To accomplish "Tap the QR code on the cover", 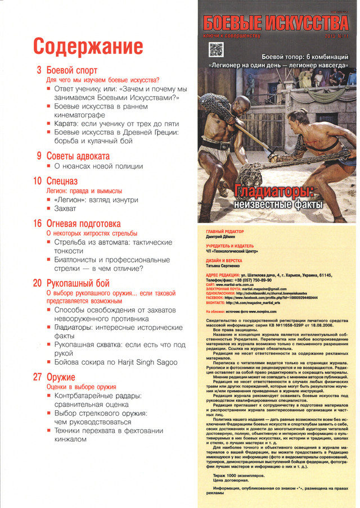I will (217, 49).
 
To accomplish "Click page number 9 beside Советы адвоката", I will (39, 156).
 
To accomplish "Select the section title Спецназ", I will (62, 181).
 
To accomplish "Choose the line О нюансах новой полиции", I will (94, 166).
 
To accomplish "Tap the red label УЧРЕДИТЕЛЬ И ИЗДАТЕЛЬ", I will (230, 246).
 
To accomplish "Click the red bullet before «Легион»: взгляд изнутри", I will (49, 199).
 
